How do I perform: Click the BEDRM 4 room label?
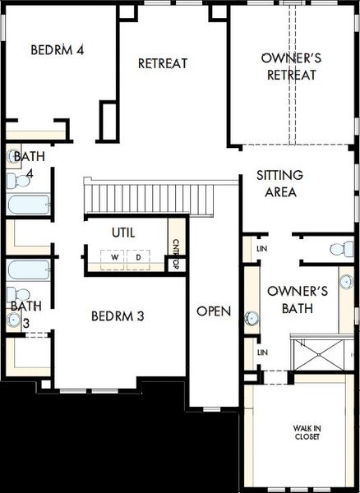[58, 50]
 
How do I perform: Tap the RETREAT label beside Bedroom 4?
[163, 63]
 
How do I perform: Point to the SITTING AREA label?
[279, 183]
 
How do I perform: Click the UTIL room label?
[124, 233]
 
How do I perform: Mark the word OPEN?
[214, 311]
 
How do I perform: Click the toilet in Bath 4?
[16, 179]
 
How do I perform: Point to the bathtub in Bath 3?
[26, 270]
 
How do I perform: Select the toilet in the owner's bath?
[337, 249]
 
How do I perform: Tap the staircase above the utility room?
[148, 198]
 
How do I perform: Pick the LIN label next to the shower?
[262, 352]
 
